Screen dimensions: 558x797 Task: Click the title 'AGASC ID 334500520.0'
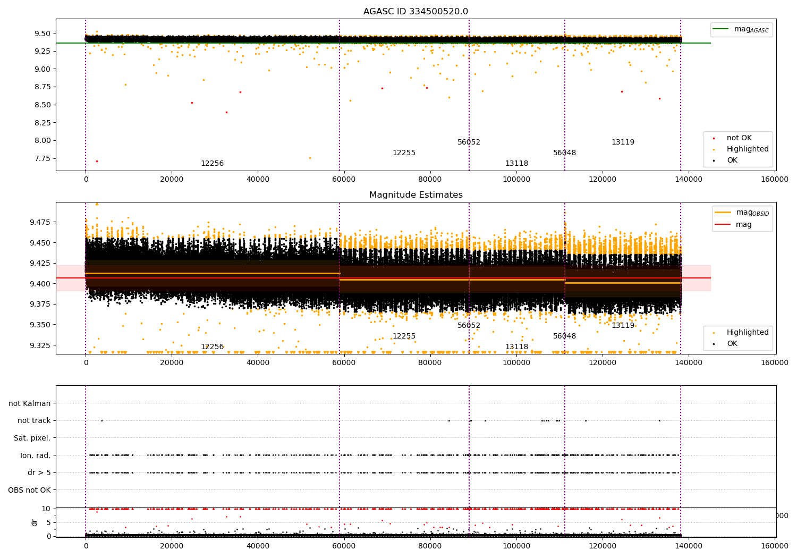416,12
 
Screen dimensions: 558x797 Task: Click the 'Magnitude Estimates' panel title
416,195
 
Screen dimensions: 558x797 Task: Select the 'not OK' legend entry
739,138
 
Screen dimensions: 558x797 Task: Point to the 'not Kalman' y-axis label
30,403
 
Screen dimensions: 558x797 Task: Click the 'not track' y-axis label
34,420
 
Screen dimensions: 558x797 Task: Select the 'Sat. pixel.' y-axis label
32,438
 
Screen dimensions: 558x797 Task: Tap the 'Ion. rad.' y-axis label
35,455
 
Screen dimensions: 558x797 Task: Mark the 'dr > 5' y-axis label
39,472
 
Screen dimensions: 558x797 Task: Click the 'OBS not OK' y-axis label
29,490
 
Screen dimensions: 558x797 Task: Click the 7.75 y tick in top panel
42,158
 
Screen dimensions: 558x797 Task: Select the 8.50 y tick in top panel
42,105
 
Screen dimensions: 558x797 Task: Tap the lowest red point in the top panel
97,161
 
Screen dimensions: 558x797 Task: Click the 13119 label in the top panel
623,142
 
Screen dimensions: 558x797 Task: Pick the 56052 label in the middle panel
469,326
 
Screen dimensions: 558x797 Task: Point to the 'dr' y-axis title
35,522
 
